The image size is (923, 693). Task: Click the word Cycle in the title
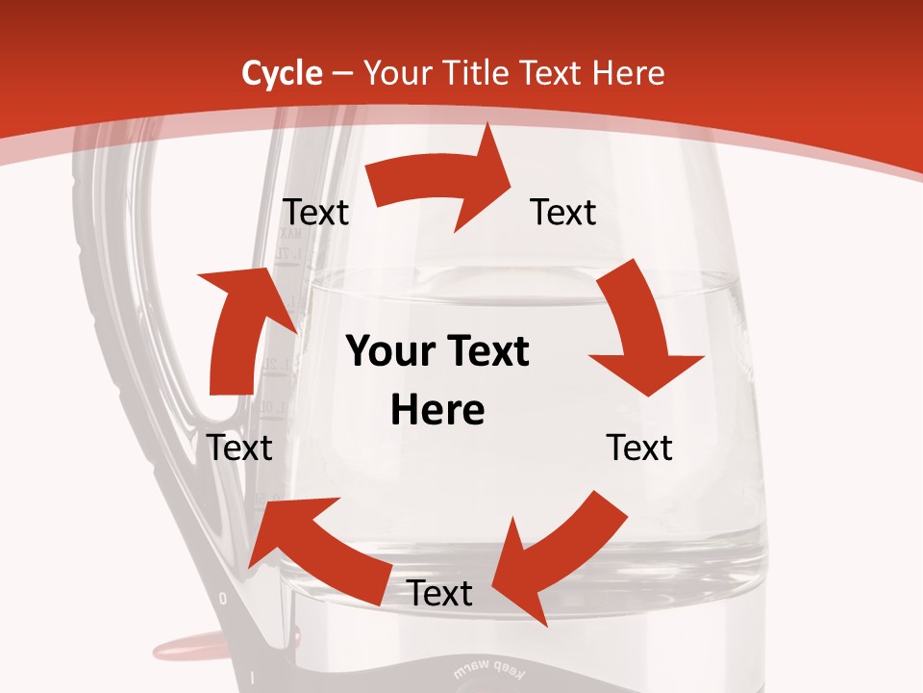click(x=282, y=73)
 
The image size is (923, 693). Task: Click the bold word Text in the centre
click(x=486, y=351)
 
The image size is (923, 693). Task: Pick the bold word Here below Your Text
click(x=437, y=410)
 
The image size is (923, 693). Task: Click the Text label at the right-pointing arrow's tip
click(x=563, y=212)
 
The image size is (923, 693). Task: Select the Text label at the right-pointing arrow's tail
click(x=315, y=212)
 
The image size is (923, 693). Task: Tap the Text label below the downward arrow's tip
click(x=639, y=448)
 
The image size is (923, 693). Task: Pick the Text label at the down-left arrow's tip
click(x=439, y=593)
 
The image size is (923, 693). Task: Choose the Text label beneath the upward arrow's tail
click(x=239, y=448)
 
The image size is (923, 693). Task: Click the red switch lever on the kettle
click(x=188, y=643)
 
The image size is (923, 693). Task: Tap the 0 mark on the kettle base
click(x=223, y=599)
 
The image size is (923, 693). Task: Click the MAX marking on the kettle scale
click(x=289, y=234)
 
